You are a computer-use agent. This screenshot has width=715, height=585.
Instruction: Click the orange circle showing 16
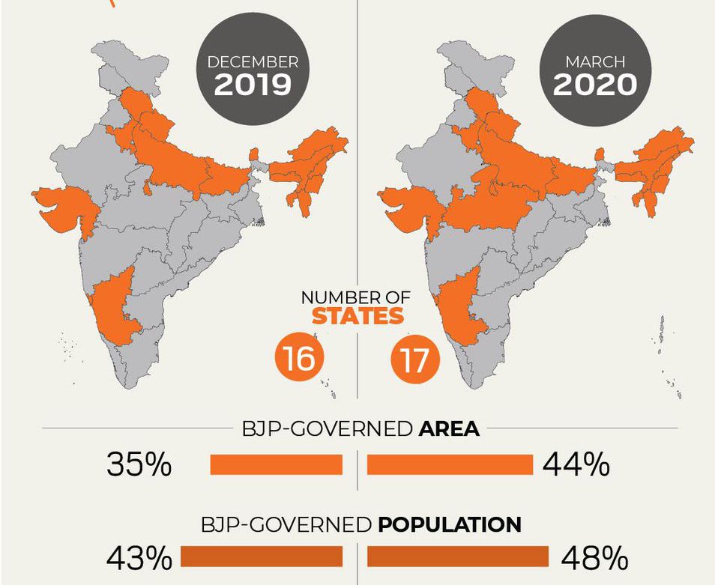[x=300, y=359]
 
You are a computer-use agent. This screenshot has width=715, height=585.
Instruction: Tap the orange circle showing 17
[x=415, y=359]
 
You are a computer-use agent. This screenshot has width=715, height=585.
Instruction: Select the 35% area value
[x=139, y=465]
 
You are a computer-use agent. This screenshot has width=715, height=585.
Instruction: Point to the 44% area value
[x=576, y=465]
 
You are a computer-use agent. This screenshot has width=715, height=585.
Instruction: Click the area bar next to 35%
[x=277, y=464]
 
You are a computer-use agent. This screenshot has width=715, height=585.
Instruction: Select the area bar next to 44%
[x=450, y=464]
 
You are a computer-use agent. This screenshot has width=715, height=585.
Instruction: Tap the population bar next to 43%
[x=262, y=557]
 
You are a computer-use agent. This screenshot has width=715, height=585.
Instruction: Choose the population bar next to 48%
[x=458, y=557]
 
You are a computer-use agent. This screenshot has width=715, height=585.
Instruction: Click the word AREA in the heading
[x=449, y=428]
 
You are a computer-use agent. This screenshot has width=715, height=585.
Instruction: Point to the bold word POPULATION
[x=450, y=525]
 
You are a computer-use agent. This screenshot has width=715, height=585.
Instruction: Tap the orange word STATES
[x=358, y=316]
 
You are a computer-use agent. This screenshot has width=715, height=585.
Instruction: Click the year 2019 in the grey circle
[x=253, y=85]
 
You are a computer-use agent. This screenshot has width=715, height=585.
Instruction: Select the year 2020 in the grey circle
[x=594, y=85]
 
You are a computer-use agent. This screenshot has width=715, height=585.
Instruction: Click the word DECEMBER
[x=253, y=61]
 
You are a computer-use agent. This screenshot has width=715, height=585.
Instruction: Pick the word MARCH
[x=595, y=61]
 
